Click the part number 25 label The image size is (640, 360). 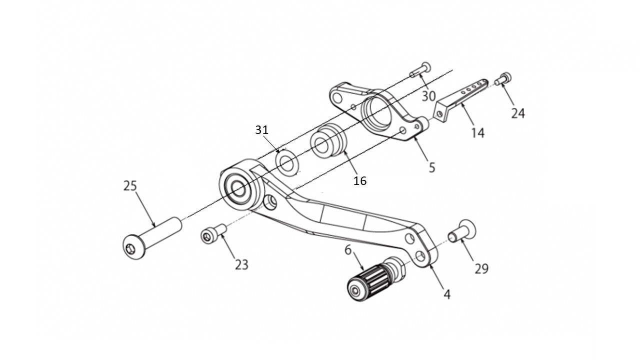130,186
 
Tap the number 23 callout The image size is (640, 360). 241,264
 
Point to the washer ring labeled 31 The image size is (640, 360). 287,163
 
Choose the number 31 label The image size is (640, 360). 262,130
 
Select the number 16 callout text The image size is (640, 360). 359,181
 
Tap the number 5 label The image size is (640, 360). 432,167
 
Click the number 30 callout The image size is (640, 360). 428,95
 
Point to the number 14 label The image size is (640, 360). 477,132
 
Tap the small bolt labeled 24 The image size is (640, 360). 503,78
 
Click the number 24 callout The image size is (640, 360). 518,113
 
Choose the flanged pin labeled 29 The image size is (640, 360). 463,232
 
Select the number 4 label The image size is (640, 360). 447,294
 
